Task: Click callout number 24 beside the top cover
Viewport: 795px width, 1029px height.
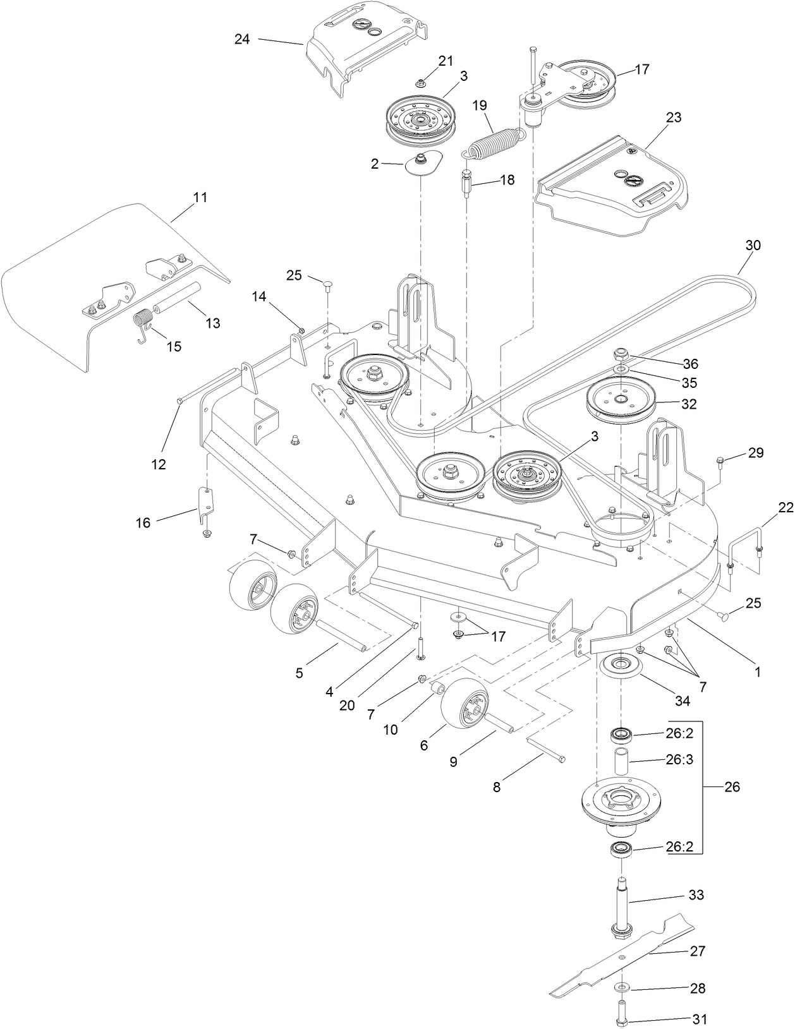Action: (x=242, y=39)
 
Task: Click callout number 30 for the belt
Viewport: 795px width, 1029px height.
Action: (x=753, y=245)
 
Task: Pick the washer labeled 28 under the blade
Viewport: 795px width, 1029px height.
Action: (x=623, y=987)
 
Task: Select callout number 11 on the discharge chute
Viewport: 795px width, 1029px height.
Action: (x=200, y=197)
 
